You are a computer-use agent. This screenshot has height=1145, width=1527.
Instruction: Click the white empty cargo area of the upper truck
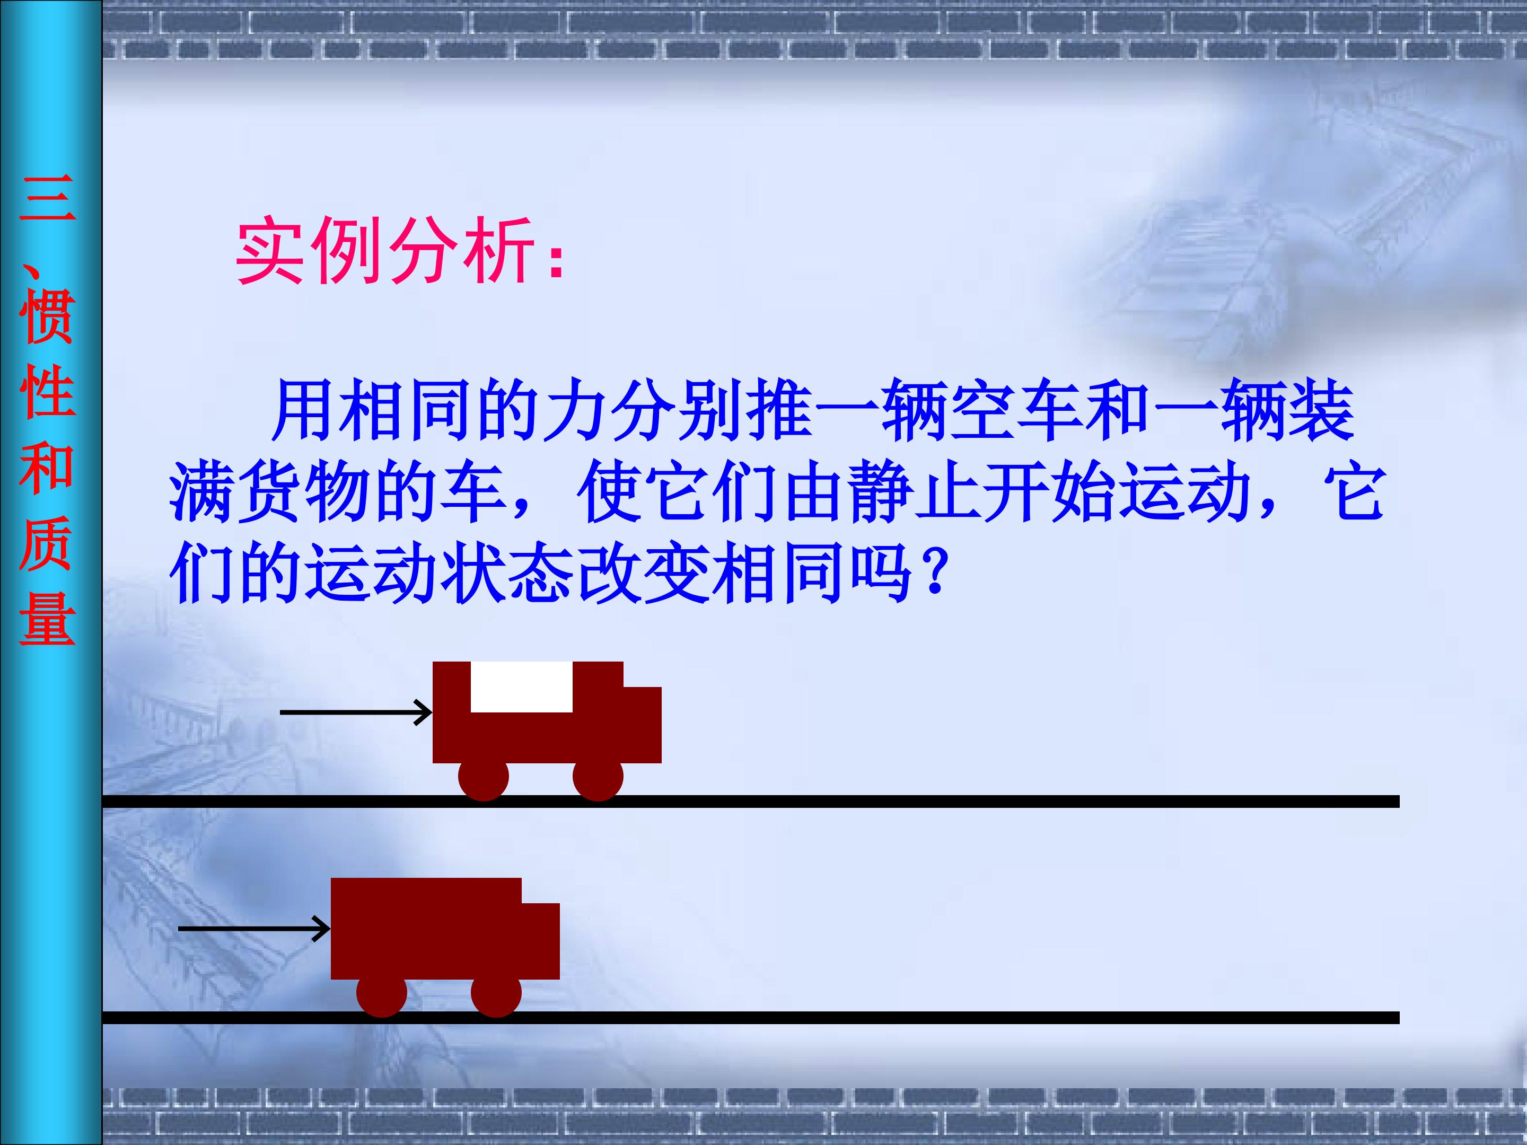(x=521, y=686)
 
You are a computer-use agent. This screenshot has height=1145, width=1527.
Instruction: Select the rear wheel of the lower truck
(x=382, y=992)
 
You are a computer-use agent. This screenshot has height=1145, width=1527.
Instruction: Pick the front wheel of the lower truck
(x=496, y=992)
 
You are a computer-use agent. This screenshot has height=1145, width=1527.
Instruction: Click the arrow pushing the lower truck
(x=254, y=928)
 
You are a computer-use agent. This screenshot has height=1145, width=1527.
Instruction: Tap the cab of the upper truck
(x=642, y=724)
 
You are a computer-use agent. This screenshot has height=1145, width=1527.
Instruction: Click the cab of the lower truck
(x=540, y=940)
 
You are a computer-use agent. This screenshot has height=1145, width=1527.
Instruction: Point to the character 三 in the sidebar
(x=47, y=198)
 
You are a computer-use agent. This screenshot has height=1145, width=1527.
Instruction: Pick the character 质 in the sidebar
(x=47, y=543)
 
